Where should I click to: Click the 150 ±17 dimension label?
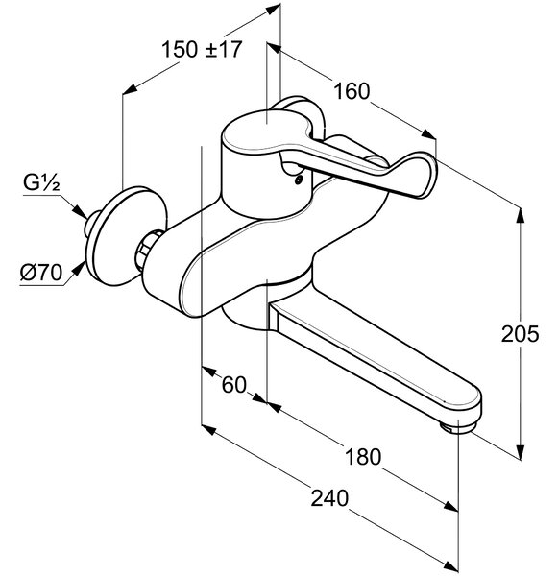coord(202,50)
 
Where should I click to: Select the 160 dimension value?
coord(352,91)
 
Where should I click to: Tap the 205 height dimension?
coord(520,334)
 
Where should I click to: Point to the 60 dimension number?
coord(234,385)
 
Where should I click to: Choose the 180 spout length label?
coord(363,457)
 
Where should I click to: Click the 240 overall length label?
coord(329,498)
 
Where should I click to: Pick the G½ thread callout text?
coord(41,182)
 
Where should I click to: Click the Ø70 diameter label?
coord(41,273)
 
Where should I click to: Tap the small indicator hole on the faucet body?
coord(298,180)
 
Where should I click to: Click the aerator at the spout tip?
coord(458,427)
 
